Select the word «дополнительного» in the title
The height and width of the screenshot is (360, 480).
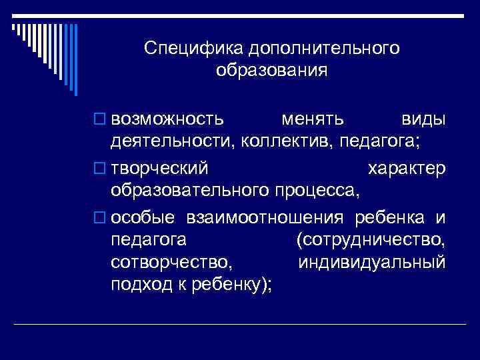point(325,49)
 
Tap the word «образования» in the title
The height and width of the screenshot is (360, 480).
point(272,71)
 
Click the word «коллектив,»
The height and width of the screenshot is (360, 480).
point(287,141)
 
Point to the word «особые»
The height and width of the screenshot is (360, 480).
point(143,218)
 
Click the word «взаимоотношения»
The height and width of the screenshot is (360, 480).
point(268,218)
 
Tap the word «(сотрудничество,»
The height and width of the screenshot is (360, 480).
point(369,239)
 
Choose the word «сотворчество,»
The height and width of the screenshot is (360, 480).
point(172,261)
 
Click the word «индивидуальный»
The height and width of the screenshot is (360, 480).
point(372,261)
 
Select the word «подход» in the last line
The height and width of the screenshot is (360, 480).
point(138,283)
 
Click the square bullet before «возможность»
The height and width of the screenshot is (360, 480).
point(101,119)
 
